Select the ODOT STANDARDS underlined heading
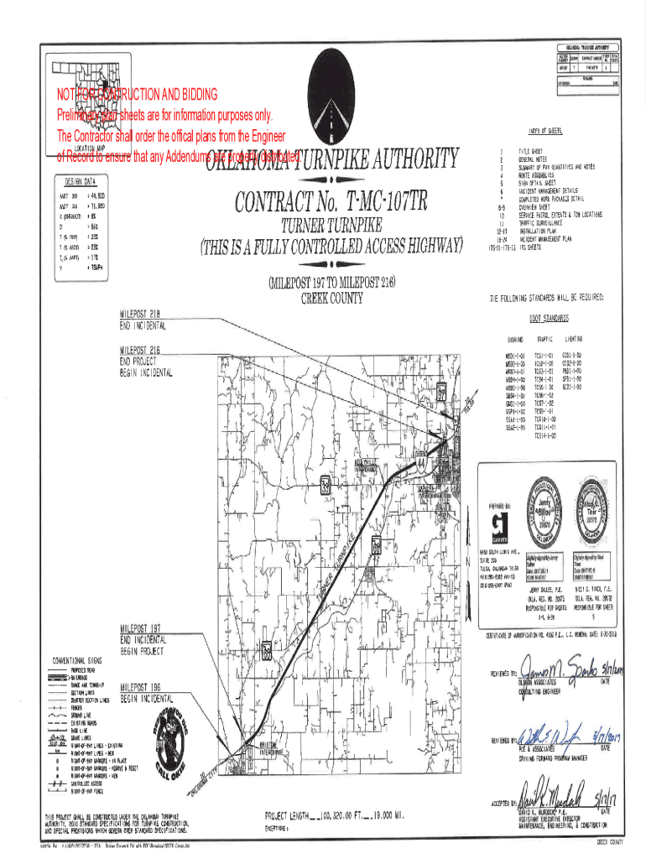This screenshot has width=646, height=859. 550,319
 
